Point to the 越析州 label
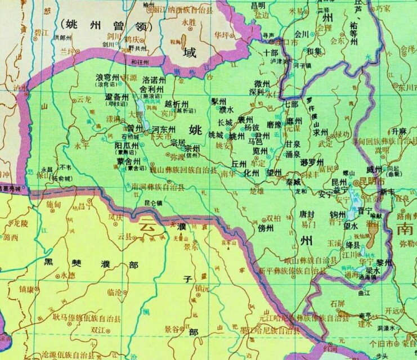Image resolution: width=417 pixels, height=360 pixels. pos(177,103)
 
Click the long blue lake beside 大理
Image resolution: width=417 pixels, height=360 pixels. pos(139,110)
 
